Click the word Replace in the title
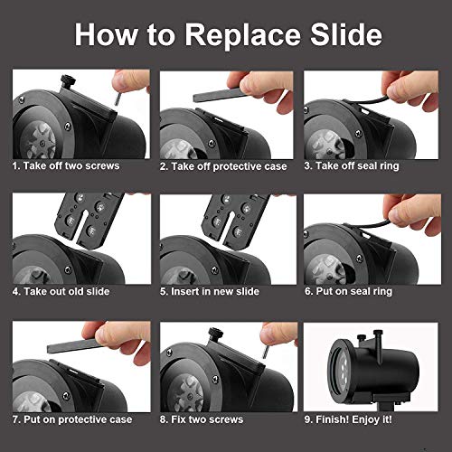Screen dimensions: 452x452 pyautogui.click(x=242, y=35)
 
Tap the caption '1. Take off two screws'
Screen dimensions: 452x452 pyautogui.click(x=66, y=165)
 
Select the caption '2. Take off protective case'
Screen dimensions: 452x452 pyautogui.click(x=223, y=166)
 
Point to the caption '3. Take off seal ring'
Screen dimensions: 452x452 pyautogui.click(x=352, y=166)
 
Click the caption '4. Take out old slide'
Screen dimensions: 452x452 pyautogui.click(x=61, y=291)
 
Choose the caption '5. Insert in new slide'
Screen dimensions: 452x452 pyautogui.click(x=210, y=291)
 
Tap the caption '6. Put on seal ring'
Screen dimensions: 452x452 pyautogui.click(x=348, y=291)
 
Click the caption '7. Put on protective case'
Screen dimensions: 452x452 pyautogui.click(x=72, y=419)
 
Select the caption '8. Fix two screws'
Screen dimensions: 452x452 pyautogui.click(x=202, y=419)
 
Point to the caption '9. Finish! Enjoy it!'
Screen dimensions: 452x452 pyautogui.click(x=348, y=419)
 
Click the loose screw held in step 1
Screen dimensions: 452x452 pyautogui.click(x=118, y=99)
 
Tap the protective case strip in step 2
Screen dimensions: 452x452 pyautogui.click(x=220, y=95)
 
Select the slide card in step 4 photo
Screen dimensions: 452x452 pyautogui.click(x=88, y=220)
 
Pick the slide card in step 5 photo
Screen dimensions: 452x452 pyautogui.click(x=236, y=221)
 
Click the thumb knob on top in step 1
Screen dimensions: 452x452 pyautogui.click(x=68, y=80)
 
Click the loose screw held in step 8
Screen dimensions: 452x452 pyautogui.click(x=266, y=352)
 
